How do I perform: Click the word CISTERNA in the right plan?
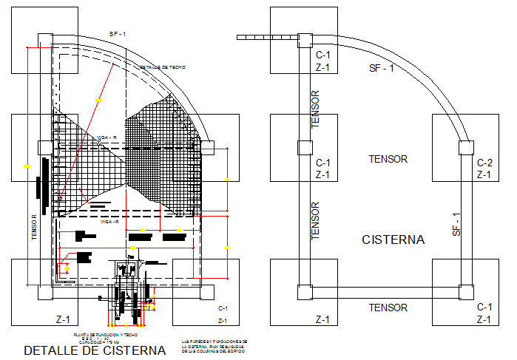[x=393, y=240]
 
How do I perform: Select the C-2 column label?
[x=484, y=163]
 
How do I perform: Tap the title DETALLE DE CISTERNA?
[x=95, y=350]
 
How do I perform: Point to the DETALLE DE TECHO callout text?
[x=162, y=67]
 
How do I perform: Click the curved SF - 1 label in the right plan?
[x=382, y=69]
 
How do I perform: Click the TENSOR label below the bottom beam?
[x=388, y=308]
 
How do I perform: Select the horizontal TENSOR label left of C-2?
[x=388, y=159]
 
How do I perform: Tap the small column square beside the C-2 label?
[x=465, y=147]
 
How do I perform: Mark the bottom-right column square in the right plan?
[x=465, y=290]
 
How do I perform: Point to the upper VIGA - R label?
[x=107, y=137]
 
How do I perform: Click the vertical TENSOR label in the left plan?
[x=34, y=228]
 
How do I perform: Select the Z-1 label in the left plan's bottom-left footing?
[x=63, y=319]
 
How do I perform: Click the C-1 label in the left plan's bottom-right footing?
[x=222, y=308]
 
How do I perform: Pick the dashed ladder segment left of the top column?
[x=265, y=37]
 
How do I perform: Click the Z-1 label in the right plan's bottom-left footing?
[x=322, y=319]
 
